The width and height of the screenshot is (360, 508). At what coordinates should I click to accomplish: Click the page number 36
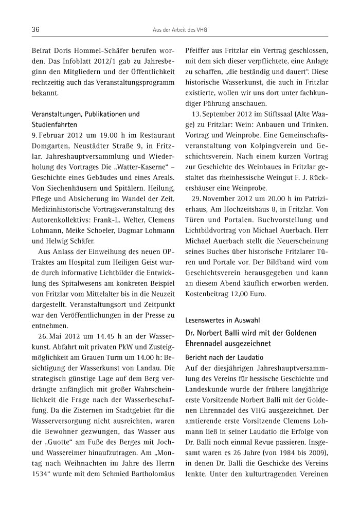coord(36,30)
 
